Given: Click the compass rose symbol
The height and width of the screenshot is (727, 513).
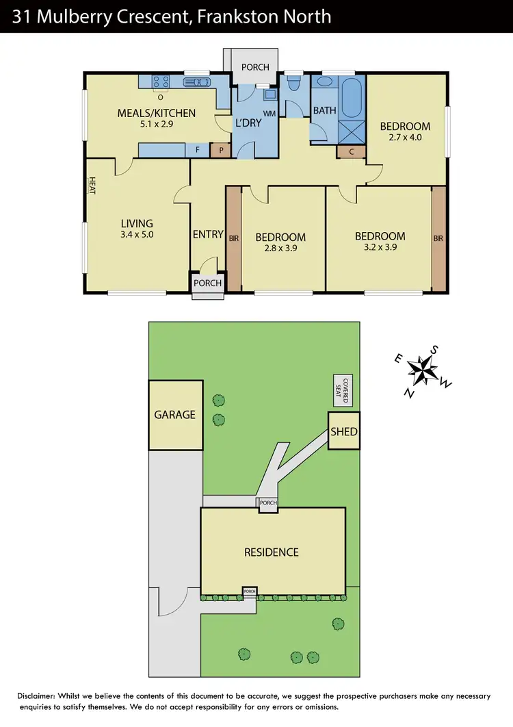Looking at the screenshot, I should tap(423, 372).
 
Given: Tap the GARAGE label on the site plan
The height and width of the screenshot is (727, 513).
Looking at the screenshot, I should tap(174, 414).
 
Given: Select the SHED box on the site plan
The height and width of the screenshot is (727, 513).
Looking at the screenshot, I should tap(343, 431).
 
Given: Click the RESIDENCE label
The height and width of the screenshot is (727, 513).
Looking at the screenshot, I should tap(272, 552).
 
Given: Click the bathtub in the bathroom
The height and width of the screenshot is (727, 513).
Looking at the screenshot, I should tap(353, 98).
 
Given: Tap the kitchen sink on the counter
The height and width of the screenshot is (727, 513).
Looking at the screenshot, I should tap(200, 82).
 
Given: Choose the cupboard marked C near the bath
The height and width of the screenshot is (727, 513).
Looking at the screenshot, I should tap(352, 152).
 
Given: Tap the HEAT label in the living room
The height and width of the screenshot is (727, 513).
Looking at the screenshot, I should tap(91, 186).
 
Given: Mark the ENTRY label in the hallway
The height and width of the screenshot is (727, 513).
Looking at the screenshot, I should tap(208, 234).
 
